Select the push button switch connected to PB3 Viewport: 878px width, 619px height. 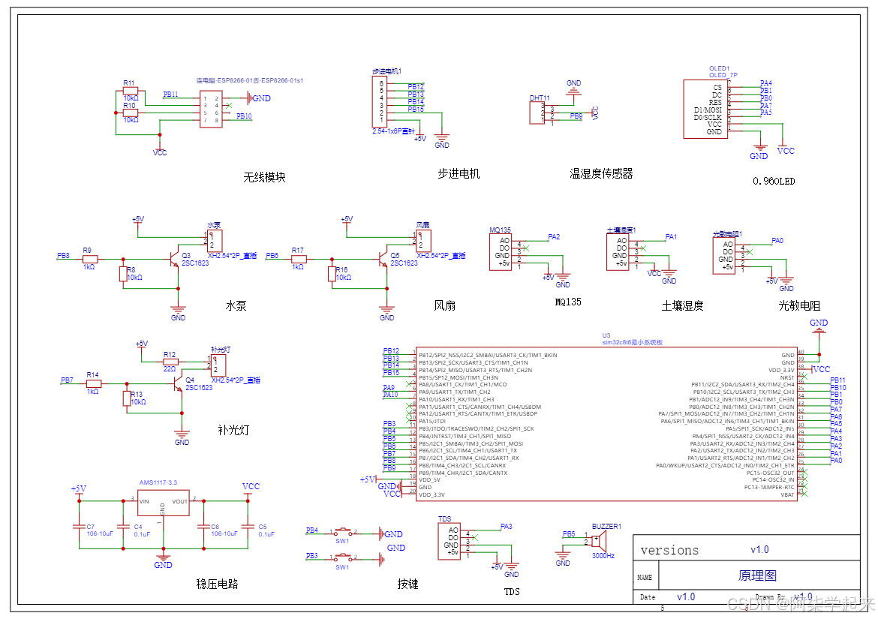coord(344,557)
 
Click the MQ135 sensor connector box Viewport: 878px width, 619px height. coord(501,251)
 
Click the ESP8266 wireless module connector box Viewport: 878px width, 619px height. coord(210,110)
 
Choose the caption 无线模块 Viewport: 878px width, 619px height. coord(264,178)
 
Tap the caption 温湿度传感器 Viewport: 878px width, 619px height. coord(601,173)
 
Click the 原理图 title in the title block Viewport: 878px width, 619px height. coord(757,575)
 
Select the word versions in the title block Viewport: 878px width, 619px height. coord(669,550)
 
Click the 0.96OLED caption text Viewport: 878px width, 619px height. coord(774,181)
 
